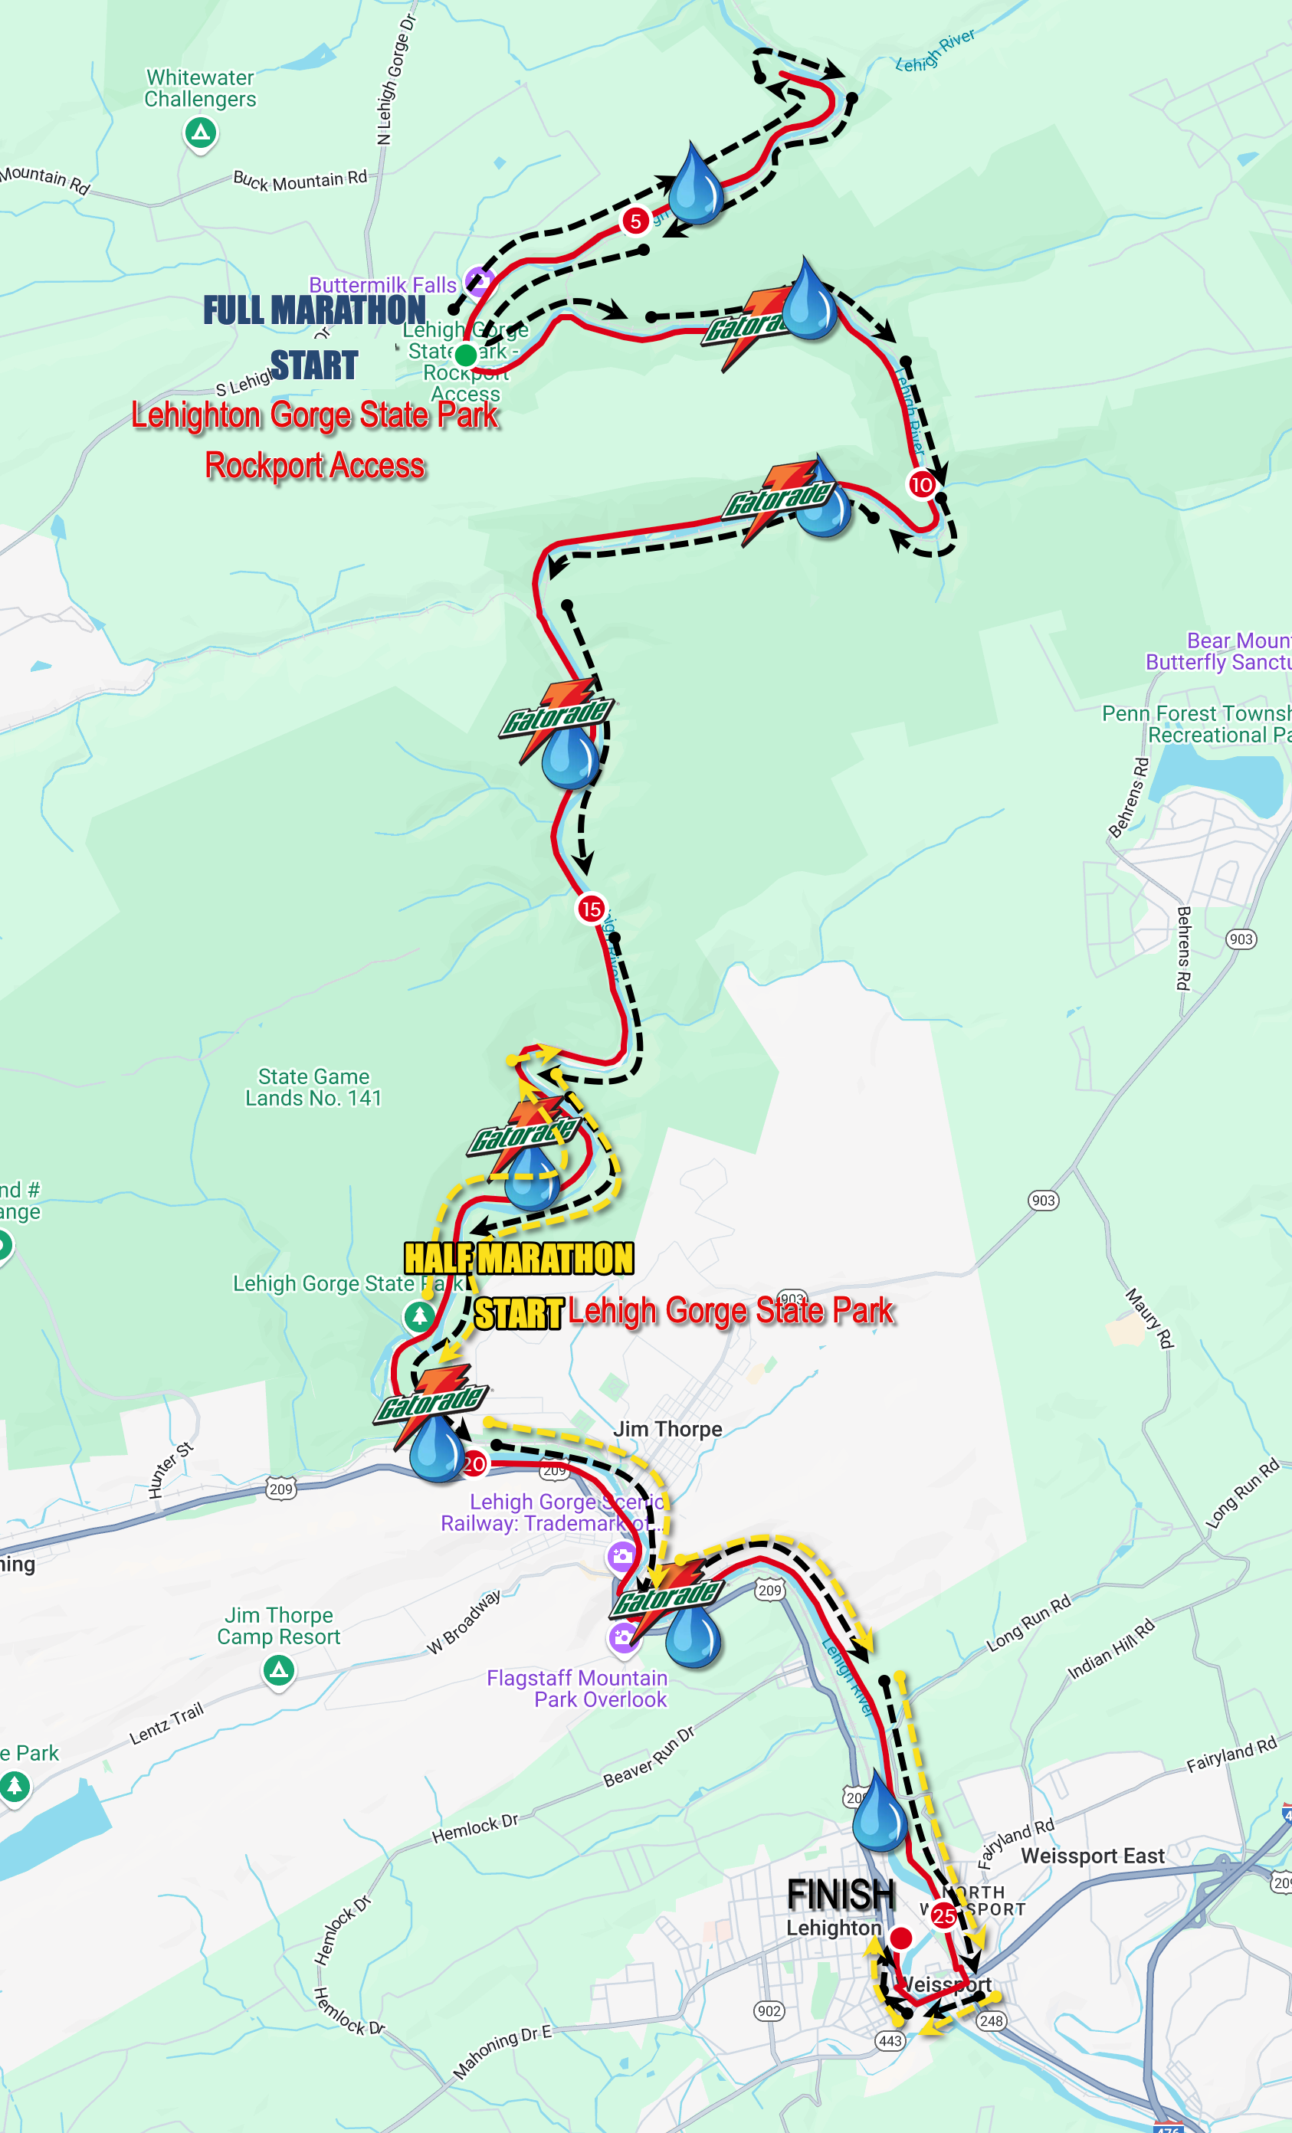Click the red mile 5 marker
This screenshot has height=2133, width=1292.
(x=635, y=221)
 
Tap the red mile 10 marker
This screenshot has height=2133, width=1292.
(x=921, y=485)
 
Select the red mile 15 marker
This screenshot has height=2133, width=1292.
(x=592, y=909)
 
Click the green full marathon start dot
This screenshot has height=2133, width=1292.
(x=465, y=354)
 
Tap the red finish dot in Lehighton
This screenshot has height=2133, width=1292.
(x=900, y=1938)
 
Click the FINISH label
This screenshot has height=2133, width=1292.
(x=840, y=1895)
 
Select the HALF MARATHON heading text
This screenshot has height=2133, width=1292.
(x=519, y=1258)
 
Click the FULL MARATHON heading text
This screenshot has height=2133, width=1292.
(x=314, y=310)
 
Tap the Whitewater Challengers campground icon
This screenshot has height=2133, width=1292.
(x=201, y=133)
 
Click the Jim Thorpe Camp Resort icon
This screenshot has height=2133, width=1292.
(x=278, y=1670)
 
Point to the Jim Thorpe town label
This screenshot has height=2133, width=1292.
(x=667, y=1429)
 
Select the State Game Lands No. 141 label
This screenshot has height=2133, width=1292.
(x=313, y=1087)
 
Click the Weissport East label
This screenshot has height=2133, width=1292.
(x=1093, y=1856)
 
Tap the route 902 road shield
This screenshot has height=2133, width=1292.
(x=769, y=2010)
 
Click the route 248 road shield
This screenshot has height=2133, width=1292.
(x=991, y=2020)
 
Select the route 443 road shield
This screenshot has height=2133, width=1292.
(x=890, y=2040)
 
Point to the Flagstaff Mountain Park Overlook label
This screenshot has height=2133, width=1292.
(x=578, y=1689)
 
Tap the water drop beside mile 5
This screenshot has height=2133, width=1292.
(x=695, y=186)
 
